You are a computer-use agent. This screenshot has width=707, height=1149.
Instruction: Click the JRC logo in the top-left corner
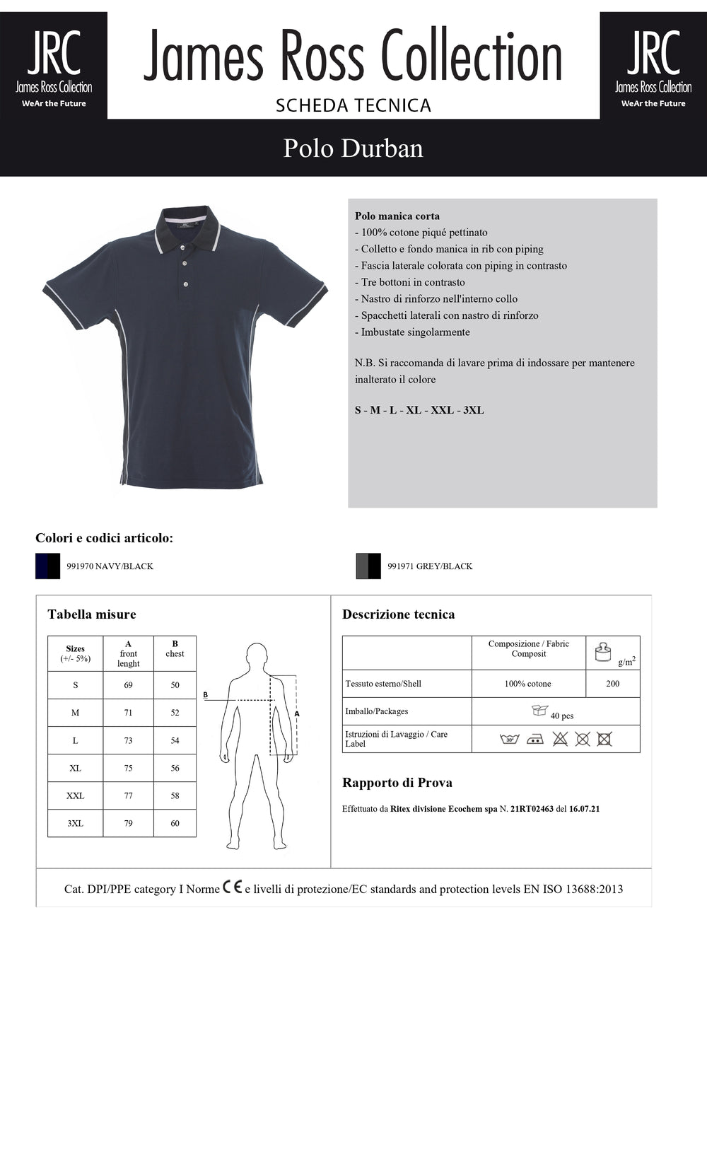(x=54, y=66)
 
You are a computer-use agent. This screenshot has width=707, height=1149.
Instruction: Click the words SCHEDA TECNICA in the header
(x=353, y=105)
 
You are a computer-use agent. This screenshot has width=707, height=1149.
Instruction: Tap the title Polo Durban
(x=353, y=148)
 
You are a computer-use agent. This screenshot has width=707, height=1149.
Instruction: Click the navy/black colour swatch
(x=48, y=566)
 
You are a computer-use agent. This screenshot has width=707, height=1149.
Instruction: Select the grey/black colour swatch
(x=368, y=566)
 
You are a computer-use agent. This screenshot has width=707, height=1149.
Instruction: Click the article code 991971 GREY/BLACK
(x=430, y=566)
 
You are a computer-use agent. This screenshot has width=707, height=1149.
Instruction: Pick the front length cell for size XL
(x=128, y=768)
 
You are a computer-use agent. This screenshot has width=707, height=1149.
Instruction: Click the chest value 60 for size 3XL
(x=175, y=823)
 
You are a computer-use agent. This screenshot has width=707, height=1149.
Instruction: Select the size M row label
(x=75, y=713)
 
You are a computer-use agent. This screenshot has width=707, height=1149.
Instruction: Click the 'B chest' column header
(x=175, y=649)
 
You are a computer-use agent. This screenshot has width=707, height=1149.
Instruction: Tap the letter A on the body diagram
(x=297, y=713)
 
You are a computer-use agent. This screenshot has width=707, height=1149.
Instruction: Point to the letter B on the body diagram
(x=206, y=695)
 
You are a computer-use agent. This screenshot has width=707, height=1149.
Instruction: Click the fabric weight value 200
(x=612, y=684)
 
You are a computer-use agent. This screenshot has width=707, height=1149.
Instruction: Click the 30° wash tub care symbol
(x=509, y=739)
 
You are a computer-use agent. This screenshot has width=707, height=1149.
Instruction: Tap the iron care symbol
(x=535, y=740)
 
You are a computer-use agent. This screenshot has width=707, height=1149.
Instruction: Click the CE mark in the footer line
(x=233, y=887)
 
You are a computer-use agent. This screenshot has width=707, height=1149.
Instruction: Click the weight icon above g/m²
(x=602, y=651)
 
